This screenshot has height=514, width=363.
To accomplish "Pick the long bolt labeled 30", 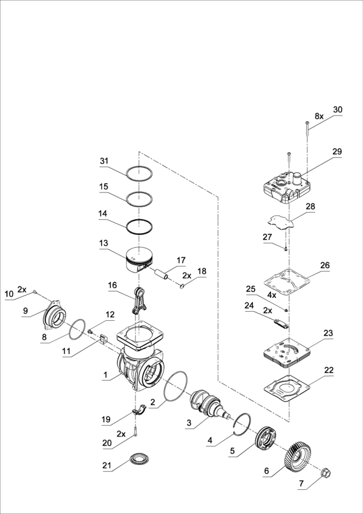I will (307, 130).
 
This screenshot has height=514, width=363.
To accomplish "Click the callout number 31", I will (105, 161).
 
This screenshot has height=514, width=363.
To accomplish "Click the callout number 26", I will (325, 265).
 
